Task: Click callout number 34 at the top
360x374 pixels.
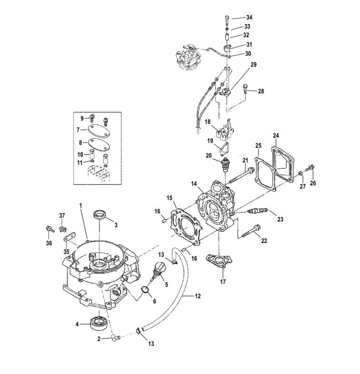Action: click(249, 18)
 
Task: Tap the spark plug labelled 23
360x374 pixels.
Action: click(258, 211)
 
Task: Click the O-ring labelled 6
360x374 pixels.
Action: click(145, 290)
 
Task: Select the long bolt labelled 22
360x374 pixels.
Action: click(251, 231)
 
